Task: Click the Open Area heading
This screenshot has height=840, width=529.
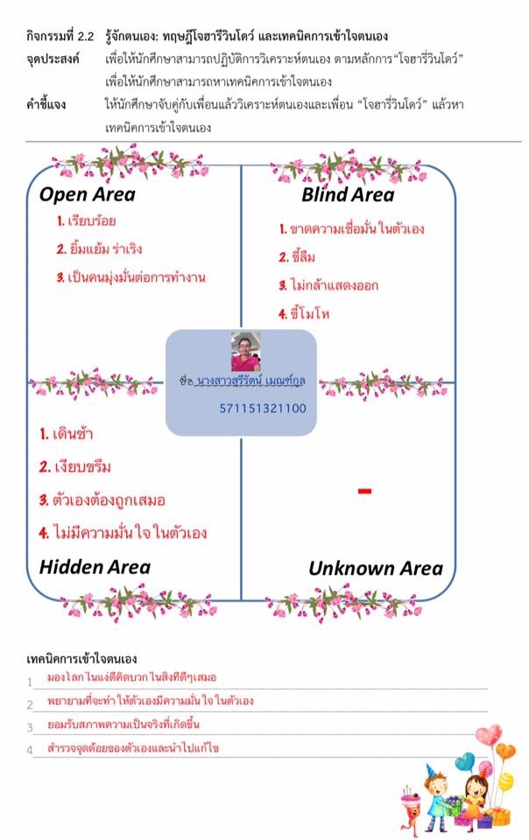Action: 87,194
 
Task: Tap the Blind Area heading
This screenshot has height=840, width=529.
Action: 348,194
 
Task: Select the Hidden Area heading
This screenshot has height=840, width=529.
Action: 95,567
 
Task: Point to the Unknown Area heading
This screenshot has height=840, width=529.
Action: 375,569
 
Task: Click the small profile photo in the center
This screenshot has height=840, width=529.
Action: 246,351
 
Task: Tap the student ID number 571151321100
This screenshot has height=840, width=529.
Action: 263,408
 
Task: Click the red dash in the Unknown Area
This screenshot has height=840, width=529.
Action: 365,492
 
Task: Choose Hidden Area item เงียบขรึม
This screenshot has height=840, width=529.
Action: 75,466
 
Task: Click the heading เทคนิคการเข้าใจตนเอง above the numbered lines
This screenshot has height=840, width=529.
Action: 82,658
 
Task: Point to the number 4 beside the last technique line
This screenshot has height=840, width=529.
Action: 30,750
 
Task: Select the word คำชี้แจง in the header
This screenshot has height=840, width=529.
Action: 48,105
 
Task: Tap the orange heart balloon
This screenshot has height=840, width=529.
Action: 505,751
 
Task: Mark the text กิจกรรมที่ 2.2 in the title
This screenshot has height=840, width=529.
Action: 60,38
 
